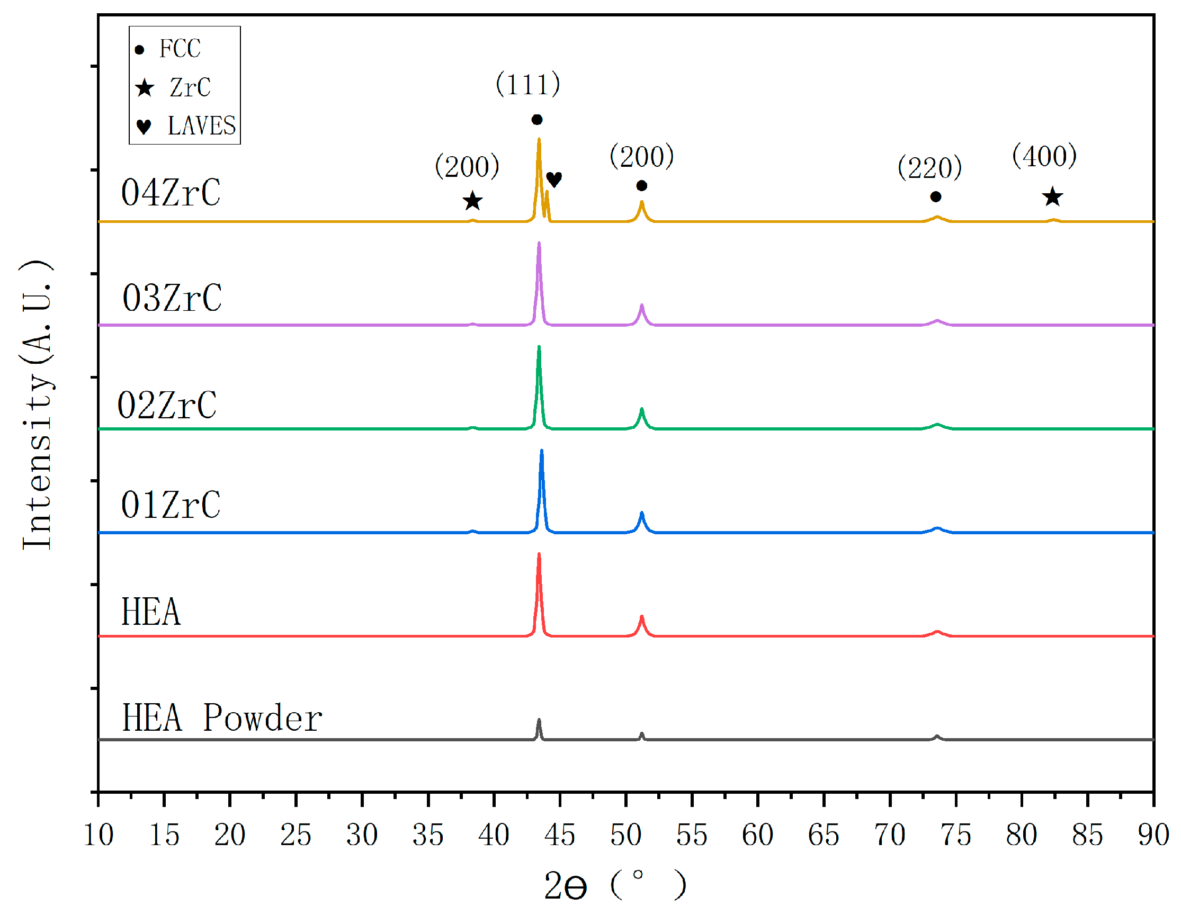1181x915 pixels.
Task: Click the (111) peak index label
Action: (528, 84)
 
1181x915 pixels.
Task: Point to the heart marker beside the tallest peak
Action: (554, 179)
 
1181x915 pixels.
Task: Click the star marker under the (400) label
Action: (1052, 197)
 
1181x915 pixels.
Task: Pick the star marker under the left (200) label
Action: (472, 201)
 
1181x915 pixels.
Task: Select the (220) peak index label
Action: (929, 168)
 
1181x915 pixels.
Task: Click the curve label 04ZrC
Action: (171, 193)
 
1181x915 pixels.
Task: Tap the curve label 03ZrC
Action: (172, 298)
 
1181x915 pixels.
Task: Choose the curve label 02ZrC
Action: (167, 406)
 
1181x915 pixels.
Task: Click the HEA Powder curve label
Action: (222, 719)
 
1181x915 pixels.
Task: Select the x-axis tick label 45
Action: (560, 836)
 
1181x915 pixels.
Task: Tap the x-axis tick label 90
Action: (1153, 836)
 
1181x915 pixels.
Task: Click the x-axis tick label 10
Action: (99, 836)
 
